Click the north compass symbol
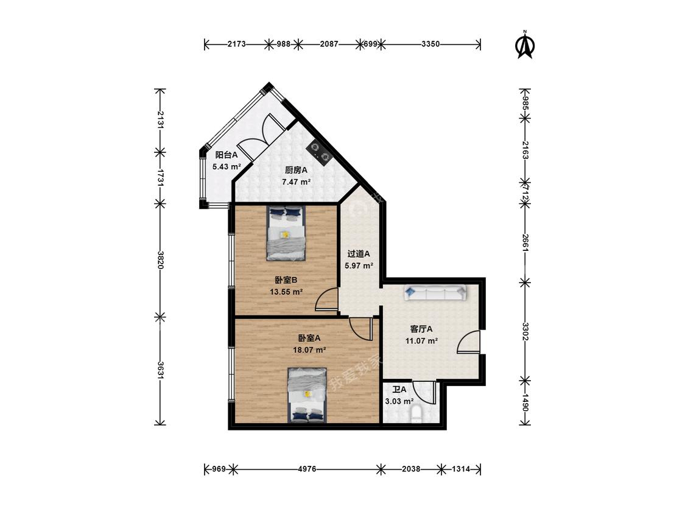coord(525,44)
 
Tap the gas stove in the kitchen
coord(320,152)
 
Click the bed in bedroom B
coord(286,233)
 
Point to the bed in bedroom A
coord(307,395)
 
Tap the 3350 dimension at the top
coord(430,44)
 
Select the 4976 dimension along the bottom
coord(307,470)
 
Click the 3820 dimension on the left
coord(161,259)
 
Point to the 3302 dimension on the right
coord(525,332)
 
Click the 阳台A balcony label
coord(227,155)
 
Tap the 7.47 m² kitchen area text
coord(296,182)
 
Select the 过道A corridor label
coord(359,253)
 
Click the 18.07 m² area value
coord(310,350)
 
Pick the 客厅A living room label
coord(421,329)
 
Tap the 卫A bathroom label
coord(399,389)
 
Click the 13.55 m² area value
coord(287,292)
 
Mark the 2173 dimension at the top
coord(237,44)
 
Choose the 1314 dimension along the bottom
coord(460,470)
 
